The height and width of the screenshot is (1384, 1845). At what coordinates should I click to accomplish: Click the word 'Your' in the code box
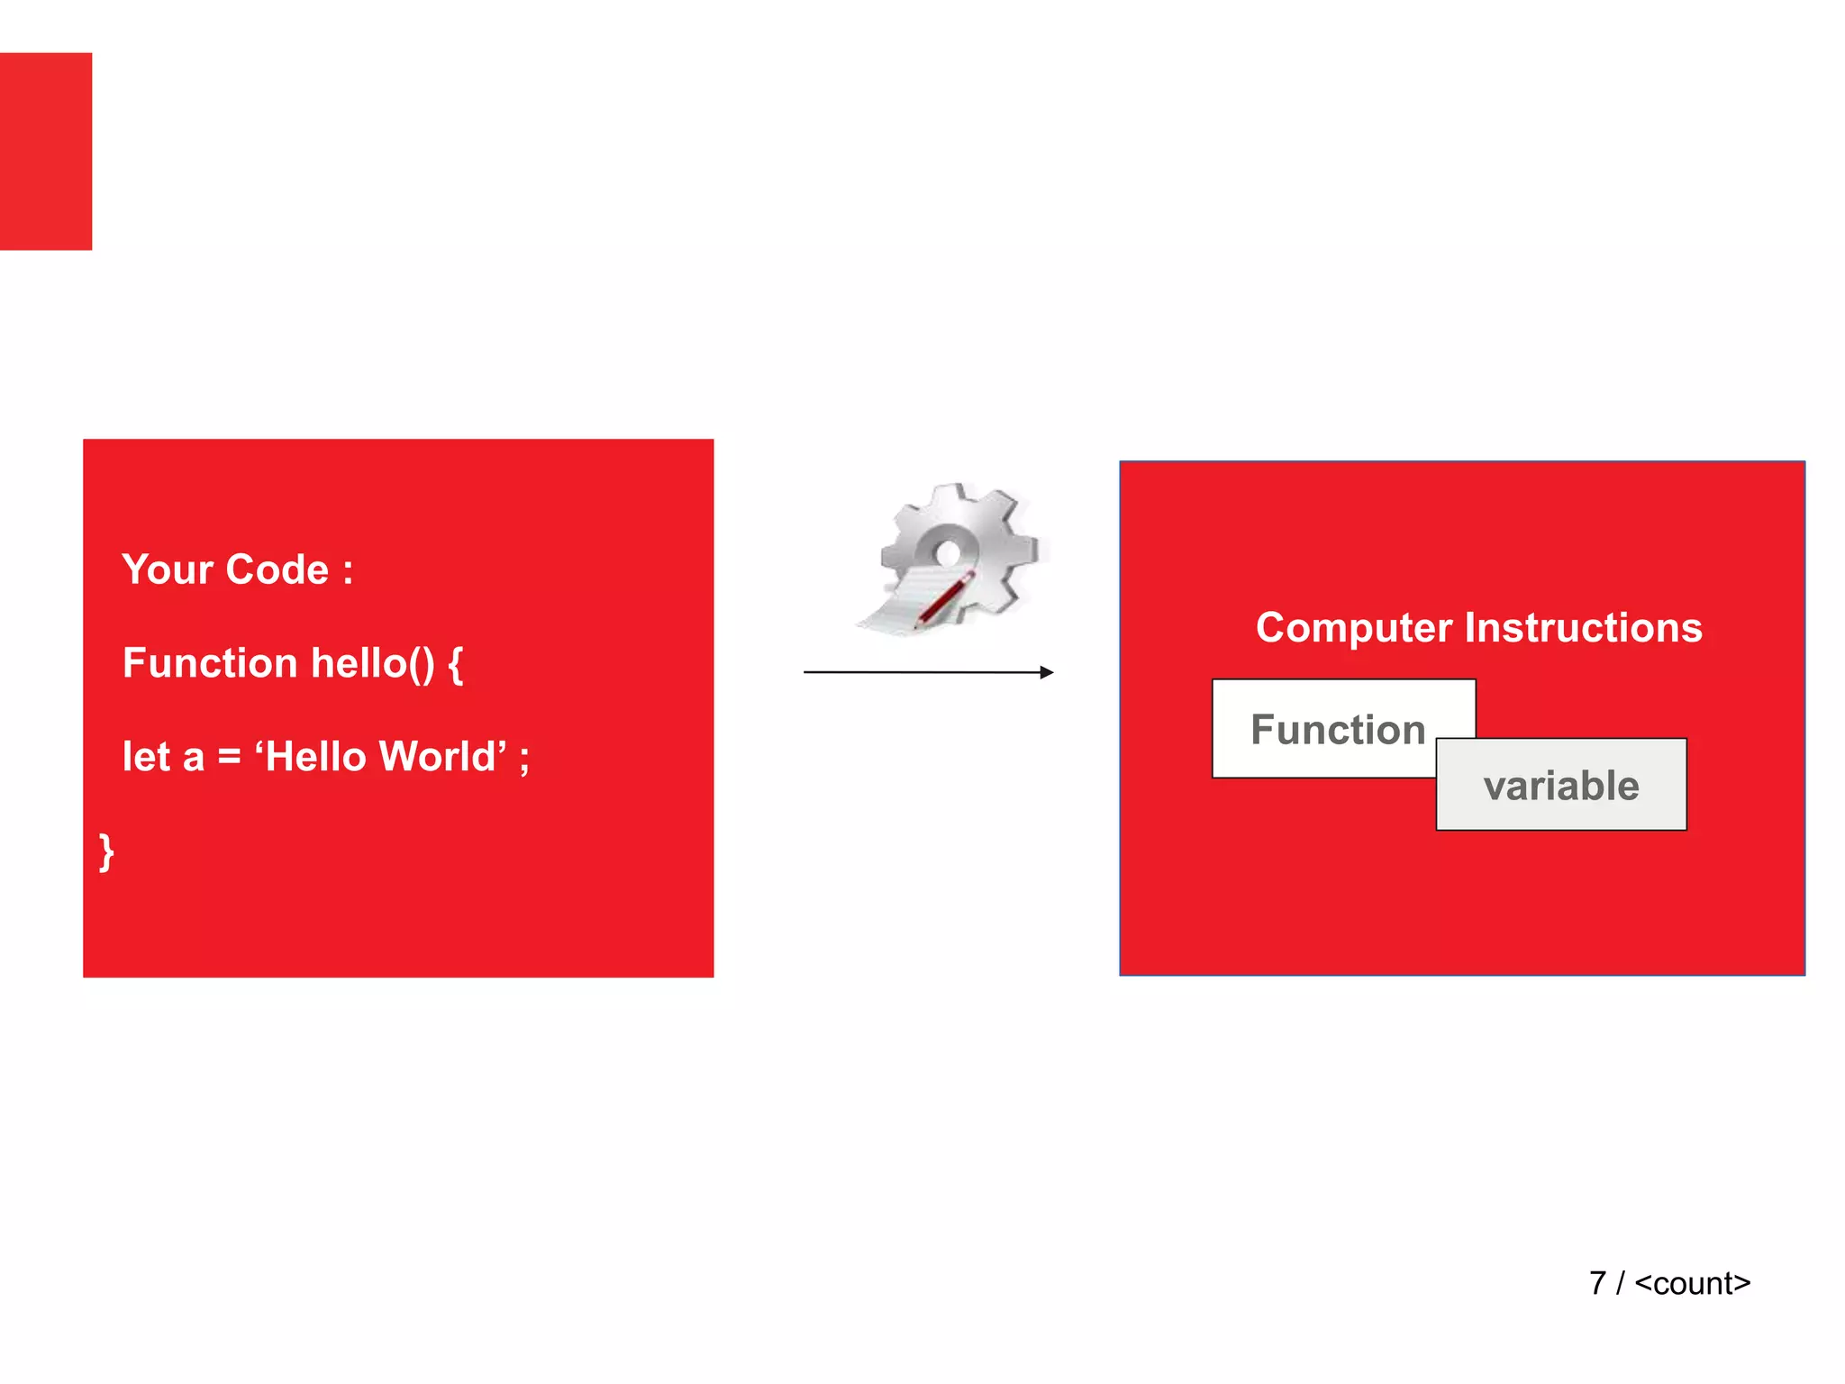pyautogui.click(x=168, y=569)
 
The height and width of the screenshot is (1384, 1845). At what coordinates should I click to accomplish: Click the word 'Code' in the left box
pyautogui.click(x=277, y=569)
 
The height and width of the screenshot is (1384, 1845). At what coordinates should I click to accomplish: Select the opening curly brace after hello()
pyautogui.click(x=456, y=665)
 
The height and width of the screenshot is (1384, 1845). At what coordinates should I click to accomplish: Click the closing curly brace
pyautogui.click(x=106, y=851)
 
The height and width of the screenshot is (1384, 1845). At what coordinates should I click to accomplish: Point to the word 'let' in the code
pyautogui.click(x=146, y=757)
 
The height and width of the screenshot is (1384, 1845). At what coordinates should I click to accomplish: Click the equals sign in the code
pyautogui.click(x=230, y=757)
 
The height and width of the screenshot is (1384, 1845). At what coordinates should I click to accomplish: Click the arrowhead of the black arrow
pyautogui.click(x=1046, y=672)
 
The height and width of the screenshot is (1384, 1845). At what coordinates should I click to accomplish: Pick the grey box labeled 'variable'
pyautogui.click(x=1561, y=786)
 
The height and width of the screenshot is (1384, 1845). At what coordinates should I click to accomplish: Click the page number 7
pyautogui.click(x=1597, y=1283)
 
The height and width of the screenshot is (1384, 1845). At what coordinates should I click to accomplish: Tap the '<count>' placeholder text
pyautogui.click(x=1692, y=1283)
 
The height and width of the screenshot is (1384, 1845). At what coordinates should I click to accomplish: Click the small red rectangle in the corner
pyautogui.click(x=46, y=151)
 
